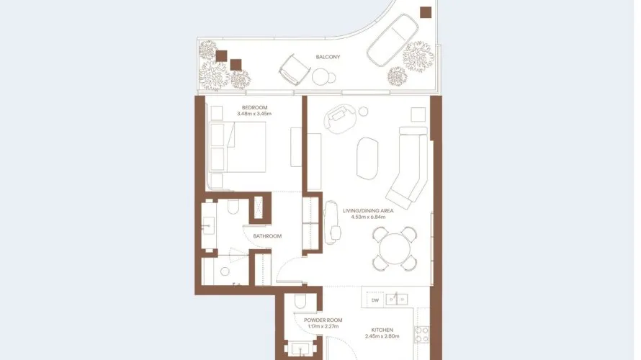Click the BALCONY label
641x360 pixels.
(328, 57)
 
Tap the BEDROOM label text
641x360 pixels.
(254, 107)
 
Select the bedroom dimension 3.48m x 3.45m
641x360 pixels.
(254, 114)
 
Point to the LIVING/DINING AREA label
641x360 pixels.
(368, 211)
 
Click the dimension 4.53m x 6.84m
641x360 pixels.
(368, 217)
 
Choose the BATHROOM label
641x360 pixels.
(267, 236)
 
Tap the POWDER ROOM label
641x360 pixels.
(323, 320)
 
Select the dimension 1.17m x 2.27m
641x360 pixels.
(323, 326)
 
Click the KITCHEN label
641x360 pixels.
(382, 330)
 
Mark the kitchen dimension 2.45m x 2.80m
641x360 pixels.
(382, 336)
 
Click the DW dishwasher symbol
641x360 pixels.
(375, 300)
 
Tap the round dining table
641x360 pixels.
(395, 248)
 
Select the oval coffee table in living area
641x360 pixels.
(367, 158)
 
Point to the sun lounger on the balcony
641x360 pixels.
(393, 40)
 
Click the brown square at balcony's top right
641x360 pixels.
(426, 12)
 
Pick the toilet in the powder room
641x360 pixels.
(300, 301)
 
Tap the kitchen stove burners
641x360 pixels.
(422, 334)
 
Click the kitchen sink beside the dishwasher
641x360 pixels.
(397, 300)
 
